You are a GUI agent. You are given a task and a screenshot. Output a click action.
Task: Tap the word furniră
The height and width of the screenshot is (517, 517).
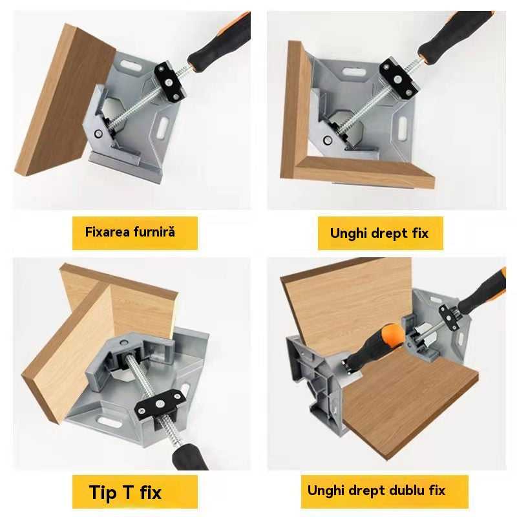[154, 232]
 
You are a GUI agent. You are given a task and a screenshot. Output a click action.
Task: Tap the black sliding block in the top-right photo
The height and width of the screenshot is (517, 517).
[399, 78]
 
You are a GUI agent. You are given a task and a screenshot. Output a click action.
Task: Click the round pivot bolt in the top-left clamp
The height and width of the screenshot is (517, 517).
[98, 134]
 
